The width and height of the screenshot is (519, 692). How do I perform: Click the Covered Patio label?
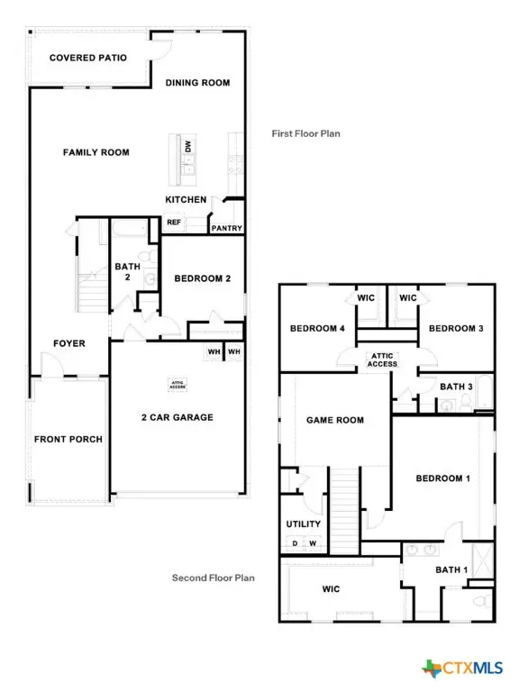pos(87,58)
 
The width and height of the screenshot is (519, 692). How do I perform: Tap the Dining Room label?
pos(197,83)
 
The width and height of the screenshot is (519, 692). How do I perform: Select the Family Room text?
pos(96,152)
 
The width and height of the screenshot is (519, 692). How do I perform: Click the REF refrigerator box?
pos(173,222)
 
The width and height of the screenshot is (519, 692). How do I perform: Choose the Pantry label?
pos(226,228)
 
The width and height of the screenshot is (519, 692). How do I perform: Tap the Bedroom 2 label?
pos(203,278)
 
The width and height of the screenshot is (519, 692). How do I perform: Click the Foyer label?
pos(69,343)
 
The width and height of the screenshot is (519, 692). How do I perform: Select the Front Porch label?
pos(68,440)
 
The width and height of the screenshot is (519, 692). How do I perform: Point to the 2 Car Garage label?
pos(177,417)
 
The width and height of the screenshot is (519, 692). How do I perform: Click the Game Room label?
pos(335,420)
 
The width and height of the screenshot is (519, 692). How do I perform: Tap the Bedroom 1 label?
pos(442,478)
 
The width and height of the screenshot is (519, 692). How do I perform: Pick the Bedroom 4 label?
pos(317,329)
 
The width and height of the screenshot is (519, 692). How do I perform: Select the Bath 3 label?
pos(456,387)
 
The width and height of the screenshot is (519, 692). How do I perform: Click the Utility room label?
pos(297,524)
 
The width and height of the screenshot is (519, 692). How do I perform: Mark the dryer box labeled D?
pos(294,543)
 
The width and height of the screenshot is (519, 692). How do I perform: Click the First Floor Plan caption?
pos(305,133)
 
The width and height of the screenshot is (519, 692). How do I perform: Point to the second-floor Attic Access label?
pos(379,360)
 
